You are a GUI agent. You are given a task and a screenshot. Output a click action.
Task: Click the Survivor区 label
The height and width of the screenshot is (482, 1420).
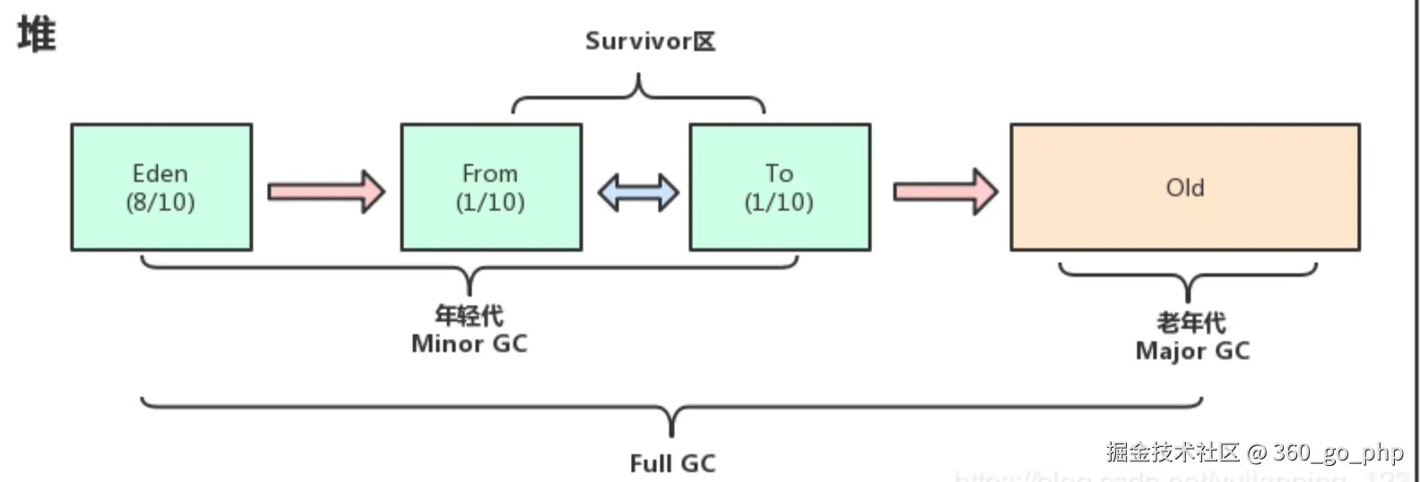[650, 41]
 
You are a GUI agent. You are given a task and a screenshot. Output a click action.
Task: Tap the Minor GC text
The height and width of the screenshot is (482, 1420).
[469, 344]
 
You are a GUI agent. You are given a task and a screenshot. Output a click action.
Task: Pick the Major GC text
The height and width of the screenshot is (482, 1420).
[1192, 351]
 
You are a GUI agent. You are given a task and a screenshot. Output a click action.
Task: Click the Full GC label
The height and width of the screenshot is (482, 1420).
[672, 463]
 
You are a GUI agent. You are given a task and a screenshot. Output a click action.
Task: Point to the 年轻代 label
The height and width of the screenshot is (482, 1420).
[469, 315]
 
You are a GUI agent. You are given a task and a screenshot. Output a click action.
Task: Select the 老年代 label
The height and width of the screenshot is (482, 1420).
[1191, 323]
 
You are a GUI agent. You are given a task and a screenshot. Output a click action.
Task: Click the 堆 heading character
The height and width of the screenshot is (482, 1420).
[37, 35]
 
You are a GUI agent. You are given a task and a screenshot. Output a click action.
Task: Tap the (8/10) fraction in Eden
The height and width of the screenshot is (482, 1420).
[160, 202]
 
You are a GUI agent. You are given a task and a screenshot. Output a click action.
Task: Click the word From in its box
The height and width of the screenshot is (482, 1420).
[489, 173]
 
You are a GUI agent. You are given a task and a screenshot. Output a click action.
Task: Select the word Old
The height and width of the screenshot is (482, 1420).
[1184, 187]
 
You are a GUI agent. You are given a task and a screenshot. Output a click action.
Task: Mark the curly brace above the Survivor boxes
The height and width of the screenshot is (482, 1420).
[638, 97]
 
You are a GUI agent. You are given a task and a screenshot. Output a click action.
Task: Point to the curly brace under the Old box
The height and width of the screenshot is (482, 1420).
[1188, 278]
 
